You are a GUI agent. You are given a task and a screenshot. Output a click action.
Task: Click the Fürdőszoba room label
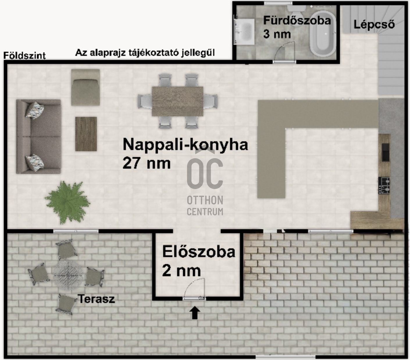coord(297,21)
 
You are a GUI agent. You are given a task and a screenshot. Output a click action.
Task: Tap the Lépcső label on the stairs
coord(374,25)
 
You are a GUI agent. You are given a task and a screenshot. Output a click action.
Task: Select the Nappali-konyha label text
coord(185,145)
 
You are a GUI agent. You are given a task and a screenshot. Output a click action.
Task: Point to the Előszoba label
coord(199,252)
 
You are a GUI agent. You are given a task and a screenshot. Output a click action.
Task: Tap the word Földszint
coord(24,56)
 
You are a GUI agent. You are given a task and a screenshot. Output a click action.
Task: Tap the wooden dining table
coord(177,101)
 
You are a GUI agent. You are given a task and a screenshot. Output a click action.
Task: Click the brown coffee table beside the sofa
coord(86,134)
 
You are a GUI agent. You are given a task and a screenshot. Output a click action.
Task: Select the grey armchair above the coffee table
coord(85,88)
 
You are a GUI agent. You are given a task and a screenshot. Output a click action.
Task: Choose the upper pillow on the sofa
coord(35,110)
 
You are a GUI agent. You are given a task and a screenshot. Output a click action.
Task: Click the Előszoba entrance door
coord(194,298)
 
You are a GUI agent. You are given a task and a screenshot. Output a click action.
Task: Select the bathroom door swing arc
coord(283,49)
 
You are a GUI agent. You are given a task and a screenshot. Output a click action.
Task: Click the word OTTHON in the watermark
coord(205,200)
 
